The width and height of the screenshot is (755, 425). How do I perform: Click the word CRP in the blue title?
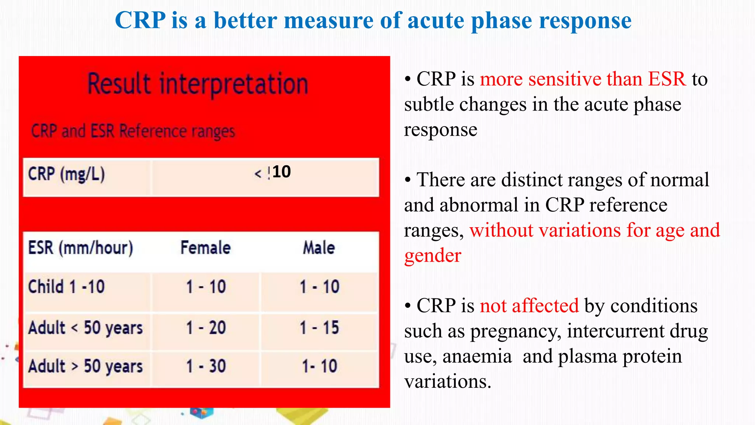[140, 20]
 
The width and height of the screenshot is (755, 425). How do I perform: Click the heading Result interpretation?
[198, 84]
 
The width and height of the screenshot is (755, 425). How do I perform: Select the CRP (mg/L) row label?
[67, 174]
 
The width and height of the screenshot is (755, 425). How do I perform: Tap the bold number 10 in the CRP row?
[282, 172]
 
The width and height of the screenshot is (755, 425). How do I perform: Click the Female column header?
[205, 248]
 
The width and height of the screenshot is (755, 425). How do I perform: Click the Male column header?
[319, 248]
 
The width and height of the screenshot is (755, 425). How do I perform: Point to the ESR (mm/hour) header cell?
[81, 248]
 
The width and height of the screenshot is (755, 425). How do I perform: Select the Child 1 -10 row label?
[67, 287]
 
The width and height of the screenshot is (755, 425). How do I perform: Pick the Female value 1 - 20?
[206, 328]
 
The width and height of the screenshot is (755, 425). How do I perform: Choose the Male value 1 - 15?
[319, 328]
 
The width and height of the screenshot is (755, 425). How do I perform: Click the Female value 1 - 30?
[206, 366]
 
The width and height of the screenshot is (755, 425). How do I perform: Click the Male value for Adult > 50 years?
[319, 366]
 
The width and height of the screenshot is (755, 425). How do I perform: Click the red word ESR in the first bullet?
[667, 79]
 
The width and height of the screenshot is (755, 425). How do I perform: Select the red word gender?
[432, 256]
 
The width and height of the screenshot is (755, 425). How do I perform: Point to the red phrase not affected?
[529, 306]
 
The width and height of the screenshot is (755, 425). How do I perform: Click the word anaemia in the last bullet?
[477, 356]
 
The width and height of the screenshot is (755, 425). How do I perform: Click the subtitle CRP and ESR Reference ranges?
[133, 131]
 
